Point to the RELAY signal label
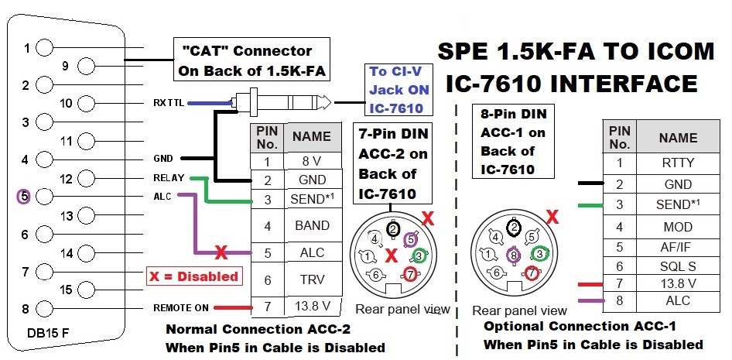(x=169, y=178)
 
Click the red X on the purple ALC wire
(x=221, y=252)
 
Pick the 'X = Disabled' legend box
(x=193, y=276)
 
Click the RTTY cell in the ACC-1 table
(x=678, y=163)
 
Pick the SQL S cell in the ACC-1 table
(x=678, y=265)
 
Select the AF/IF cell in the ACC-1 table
(x=678, y=248)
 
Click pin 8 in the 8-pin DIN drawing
(x=512, y=253)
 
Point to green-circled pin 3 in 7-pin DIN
(x=419, y=255)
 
